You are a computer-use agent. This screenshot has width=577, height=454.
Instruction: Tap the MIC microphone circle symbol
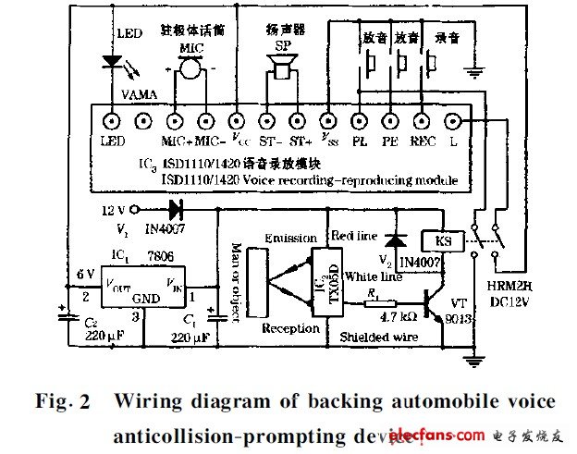190,67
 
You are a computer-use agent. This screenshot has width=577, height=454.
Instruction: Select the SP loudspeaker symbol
279,67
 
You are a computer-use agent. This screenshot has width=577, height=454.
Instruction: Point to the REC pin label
423,141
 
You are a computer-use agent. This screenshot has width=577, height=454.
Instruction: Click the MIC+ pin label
175,141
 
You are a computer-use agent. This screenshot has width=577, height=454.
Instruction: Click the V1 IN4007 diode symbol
174,209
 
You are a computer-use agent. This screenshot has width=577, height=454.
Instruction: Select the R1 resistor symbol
378,302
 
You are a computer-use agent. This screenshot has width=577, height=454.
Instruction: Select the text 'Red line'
355,235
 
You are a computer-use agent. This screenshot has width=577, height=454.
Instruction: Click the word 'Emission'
289,239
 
